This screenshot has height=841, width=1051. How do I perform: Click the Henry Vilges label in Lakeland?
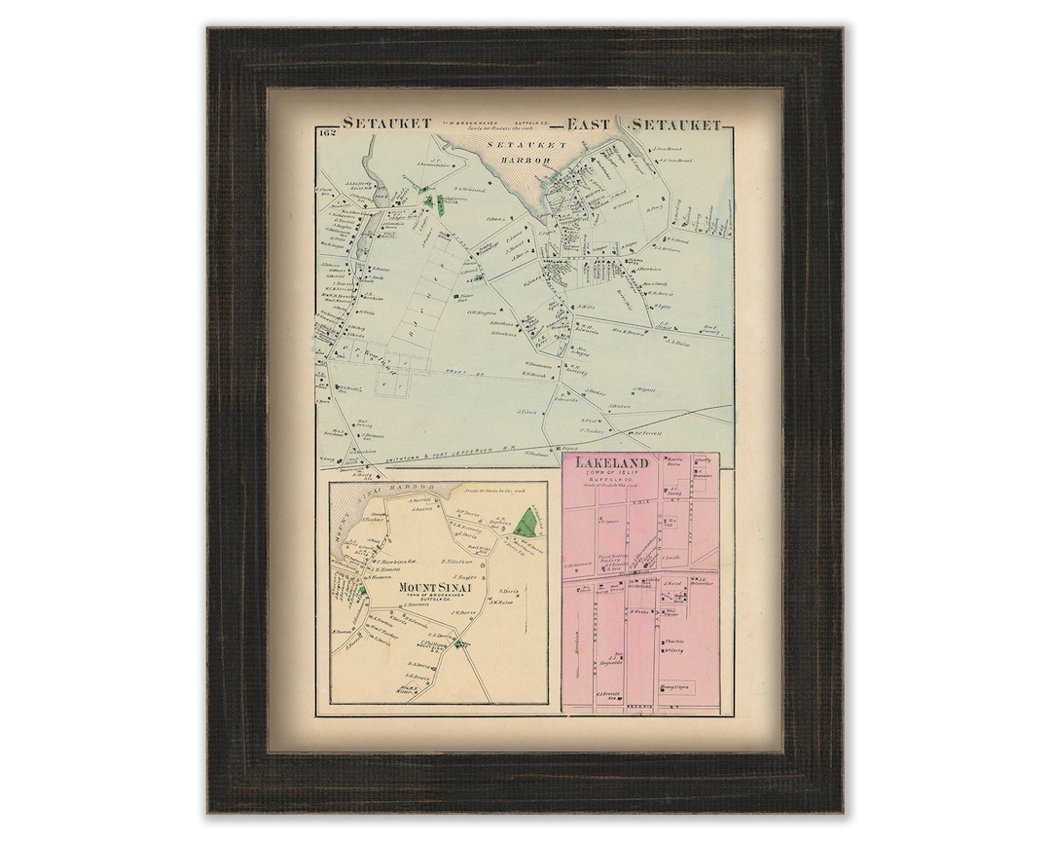pyautogui.click(x=680, y=687)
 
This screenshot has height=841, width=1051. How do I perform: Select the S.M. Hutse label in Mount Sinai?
pyautogui.click(x=503, y=601)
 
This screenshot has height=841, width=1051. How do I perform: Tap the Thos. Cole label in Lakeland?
pyautogui.click(x=674, y=641)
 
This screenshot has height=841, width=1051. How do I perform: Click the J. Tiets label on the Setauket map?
pyautogui.click(x=528, y=413)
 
